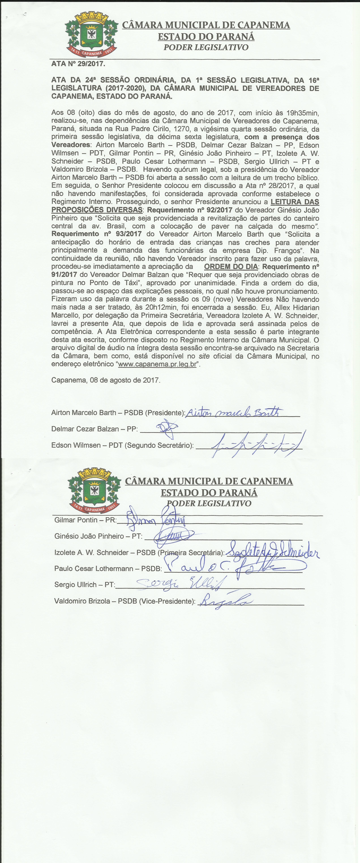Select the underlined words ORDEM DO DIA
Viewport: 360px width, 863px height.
coord(231,267)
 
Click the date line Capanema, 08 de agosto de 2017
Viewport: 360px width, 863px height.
coord(106,380)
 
